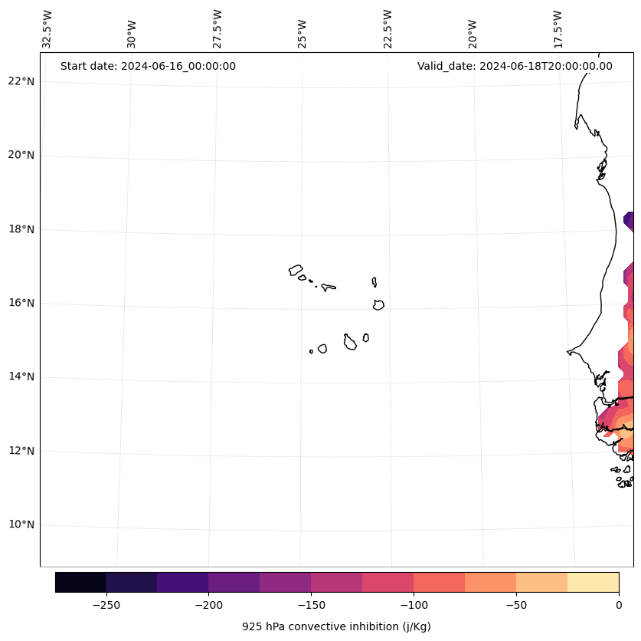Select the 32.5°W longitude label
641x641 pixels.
pyautogui.click(x=47, y=29)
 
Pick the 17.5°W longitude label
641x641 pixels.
pyautogui.click(x=558, y=29)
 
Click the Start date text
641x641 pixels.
pyautogui.click(x=148, y=66)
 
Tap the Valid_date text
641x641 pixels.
pyautogui.click(x=515, y=66)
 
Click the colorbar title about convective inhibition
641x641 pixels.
pyautogui.click(x=336, y=626)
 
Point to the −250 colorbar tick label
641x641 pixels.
pyautogui.click(x=106, y=605)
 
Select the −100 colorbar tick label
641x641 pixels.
pyautogui.click(x=414, y=605)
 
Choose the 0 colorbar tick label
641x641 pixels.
pyautogui.click(x=618, y=605)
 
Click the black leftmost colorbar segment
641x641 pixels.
pyautogui.click(x=80, y=582)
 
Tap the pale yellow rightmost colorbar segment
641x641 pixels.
pyautogui.click(x=593, y=582)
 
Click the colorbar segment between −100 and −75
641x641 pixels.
pyautogui.click(x=439, y=582)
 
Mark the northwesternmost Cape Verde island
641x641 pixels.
pyautogui.click(x=296, y=270)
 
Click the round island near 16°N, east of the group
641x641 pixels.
pyautogui.click(x=378, y=305)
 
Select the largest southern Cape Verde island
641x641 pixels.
pyautogui.click(x=350, y=343)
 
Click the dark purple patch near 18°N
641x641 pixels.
pyautogui.click(x=630, y=221)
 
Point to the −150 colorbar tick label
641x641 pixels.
pyautogui.click(x=311, y=605)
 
